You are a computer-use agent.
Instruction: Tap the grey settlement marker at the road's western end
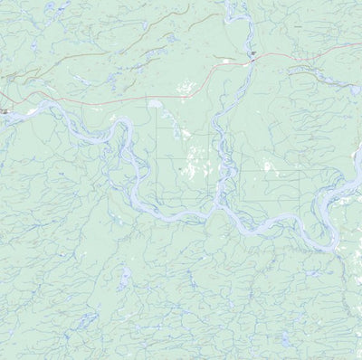click(5, 111)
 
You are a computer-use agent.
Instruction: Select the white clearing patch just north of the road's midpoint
click(186, 89)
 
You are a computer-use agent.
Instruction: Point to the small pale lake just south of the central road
click(155, 104)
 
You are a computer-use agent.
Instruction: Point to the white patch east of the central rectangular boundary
click(267, 166)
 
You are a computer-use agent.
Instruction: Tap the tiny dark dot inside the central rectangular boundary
click(180, 168)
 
